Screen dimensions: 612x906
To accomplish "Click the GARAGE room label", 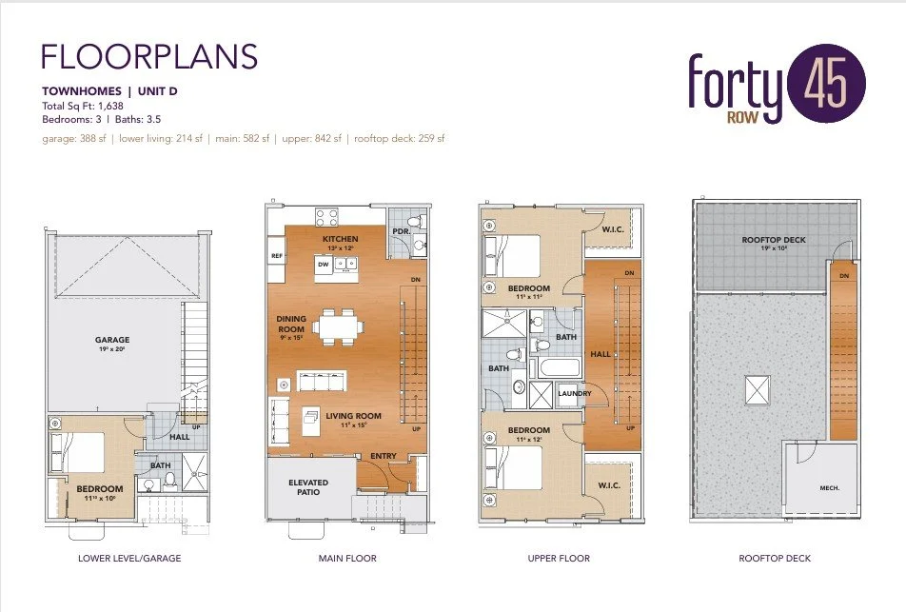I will click(x=112, y=340).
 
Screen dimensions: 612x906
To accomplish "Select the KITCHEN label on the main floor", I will click(x=340, y=239).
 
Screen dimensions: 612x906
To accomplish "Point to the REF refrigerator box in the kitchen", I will click(x=277, y=256).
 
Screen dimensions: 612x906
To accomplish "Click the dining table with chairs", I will click(x=340, y=326).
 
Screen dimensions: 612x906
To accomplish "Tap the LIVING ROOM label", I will click(x=353, y=416).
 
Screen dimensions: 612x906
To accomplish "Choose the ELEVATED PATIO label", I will click(x=308, y=487).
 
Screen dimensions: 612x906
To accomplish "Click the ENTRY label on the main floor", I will click(x=383, y=457).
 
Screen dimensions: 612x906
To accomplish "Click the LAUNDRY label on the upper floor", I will click(x=574, y=393).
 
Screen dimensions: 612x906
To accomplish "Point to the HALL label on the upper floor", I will click(x=600, y=353).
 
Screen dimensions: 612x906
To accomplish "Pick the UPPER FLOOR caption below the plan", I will click(x=558, y=558).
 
